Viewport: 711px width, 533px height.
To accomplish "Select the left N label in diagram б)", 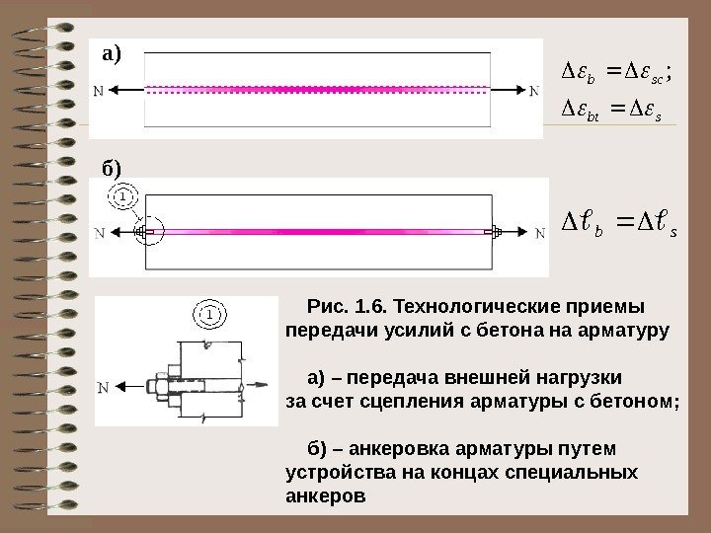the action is [x=100, y=234].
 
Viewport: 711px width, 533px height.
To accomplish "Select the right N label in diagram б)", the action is [x=539, y=234].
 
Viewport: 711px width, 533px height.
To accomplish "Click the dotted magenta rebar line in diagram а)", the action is [x=316, y=87].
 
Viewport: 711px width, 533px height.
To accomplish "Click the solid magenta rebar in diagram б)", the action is [x=316, y=233].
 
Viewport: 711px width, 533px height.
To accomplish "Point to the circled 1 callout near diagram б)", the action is [x=122, y=197].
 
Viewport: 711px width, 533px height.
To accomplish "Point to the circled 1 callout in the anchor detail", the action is [x=209, y=314].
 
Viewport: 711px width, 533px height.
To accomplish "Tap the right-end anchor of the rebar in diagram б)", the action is [x=495, y=233].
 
